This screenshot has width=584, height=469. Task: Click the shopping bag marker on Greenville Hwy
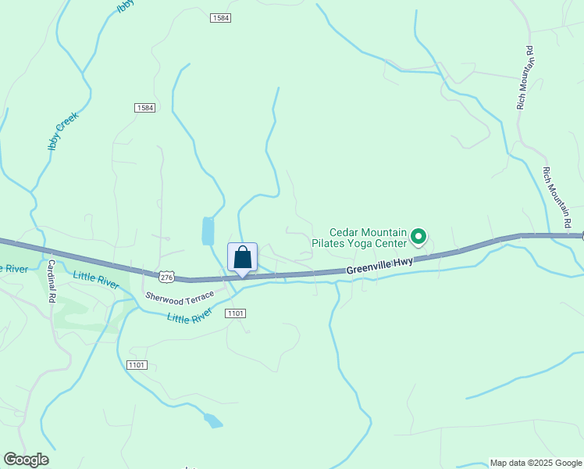(x=242, y=258)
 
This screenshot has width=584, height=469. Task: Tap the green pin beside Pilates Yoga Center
(x=418, y=236)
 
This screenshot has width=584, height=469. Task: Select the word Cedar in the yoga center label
(x=344, y=232)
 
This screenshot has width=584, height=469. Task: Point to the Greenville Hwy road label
(x=379, y=266)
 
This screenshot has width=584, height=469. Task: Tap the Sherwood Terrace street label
(x=179, y=298)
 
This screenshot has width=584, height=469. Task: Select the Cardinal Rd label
(x=52, y=281)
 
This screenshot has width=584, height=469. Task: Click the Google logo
(x=26, y=460)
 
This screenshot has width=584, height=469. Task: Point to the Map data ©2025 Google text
(x=536, y=463)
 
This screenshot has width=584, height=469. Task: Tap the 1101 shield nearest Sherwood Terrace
(x=235, y=313)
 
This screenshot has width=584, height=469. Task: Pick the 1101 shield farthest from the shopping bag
(x=136, y=365)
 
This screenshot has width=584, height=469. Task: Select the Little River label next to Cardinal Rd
(x=95, y=279)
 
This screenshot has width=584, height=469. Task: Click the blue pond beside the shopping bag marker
(x=208, y=231)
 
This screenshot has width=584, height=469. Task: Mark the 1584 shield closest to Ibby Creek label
(x=144, y=107)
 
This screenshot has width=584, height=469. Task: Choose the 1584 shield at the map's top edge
(x=220, y=17)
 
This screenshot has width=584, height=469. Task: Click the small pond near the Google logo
(x=212, y=421)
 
